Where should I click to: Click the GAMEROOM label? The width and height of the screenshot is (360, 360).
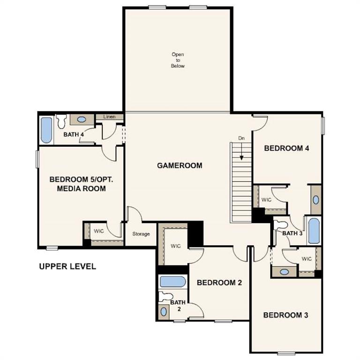180,165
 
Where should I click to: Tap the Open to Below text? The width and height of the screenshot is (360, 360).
178,60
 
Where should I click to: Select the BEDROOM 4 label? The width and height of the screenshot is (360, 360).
286,149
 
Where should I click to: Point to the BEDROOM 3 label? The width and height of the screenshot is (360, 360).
285,315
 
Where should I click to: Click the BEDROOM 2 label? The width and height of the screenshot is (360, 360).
219,283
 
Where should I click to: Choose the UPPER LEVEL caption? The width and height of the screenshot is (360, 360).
67,267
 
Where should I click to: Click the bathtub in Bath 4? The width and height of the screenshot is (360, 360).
46,130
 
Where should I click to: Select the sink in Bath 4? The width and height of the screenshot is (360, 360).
82,120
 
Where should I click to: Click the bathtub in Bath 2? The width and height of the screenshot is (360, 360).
172,282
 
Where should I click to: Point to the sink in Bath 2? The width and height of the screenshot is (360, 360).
163,311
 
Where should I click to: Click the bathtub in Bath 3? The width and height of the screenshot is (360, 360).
314,231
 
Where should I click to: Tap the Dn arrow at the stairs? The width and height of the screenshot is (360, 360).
241,151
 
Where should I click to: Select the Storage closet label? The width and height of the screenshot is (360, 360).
141,234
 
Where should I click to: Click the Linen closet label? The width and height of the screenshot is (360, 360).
109,116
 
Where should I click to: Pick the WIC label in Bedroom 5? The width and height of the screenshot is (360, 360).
98,231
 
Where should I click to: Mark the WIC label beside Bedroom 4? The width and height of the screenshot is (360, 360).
267,200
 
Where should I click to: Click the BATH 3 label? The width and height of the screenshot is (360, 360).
292,233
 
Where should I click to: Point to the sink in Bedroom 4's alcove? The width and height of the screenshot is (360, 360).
316,200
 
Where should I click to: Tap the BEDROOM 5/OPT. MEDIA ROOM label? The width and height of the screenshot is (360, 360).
77,184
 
